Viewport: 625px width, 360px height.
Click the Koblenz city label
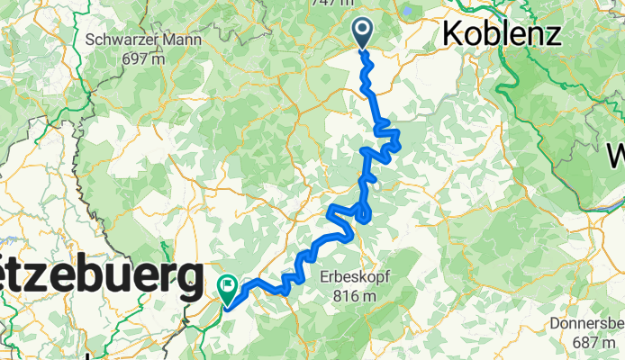501,34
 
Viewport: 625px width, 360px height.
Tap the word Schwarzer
121,40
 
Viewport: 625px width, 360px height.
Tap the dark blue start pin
363,32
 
